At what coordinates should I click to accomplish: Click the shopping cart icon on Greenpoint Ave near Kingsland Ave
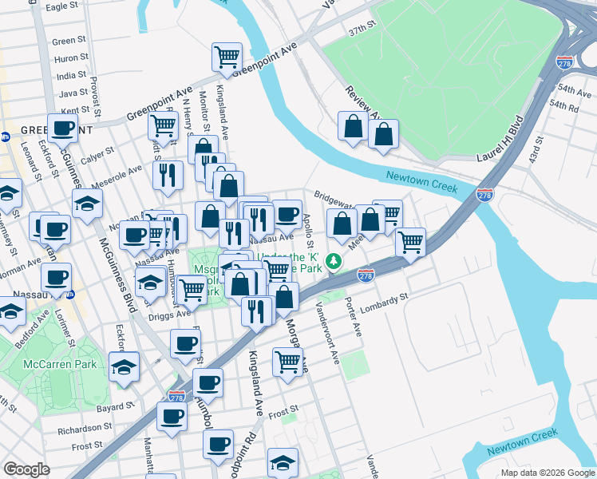click(227, 57)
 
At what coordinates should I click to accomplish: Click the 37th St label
click(361, 28)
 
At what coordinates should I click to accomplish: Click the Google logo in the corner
click(26, 469)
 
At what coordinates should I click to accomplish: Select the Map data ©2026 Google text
click(547, 473)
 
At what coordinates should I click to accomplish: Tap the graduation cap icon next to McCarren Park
click(123, 367)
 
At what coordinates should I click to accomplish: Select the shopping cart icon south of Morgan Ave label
click(287, 361)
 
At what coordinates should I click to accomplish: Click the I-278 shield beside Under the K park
click(366, 275)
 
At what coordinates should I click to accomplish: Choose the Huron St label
click(71, 57)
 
